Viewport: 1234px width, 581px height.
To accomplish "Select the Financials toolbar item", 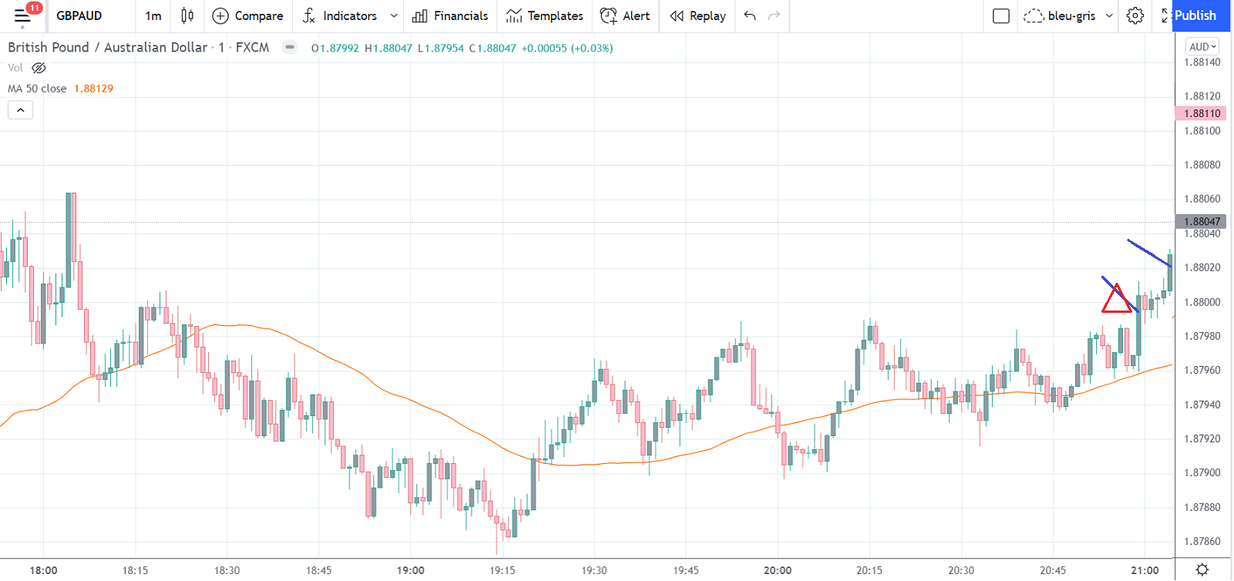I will coord(450,15).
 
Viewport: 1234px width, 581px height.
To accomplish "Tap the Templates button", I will coord(545,15).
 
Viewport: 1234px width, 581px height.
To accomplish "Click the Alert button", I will coord(625,15).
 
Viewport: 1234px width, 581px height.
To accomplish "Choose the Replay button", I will coord(698,15).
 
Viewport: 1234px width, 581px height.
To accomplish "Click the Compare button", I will coord(248,15).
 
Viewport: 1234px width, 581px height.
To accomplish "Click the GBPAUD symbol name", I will coord(79,15).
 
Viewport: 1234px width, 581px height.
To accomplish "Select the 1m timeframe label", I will coord(153,15).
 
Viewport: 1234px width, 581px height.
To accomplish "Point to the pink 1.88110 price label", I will coord(1202,113).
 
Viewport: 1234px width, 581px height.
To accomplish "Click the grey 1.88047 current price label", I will coord(1202,222).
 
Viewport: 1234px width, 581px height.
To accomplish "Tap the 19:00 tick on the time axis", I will coord(410,570).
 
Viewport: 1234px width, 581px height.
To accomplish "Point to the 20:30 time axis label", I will coord(960,570).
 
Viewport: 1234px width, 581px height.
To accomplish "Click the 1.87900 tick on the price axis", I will coord(1202,473).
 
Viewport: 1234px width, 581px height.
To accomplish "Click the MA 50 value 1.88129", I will coord(93,89).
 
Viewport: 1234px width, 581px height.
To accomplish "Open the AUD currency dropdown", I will coord(1202,47).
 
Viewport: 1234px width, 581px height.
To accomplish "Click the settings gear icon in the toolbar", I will coord(1135,15).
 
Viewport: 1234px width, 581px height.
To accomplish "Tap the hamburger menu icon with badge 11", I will coord(22,15).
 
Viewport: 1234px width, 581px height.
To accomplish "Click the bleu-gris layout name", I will coord(1071,15).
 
